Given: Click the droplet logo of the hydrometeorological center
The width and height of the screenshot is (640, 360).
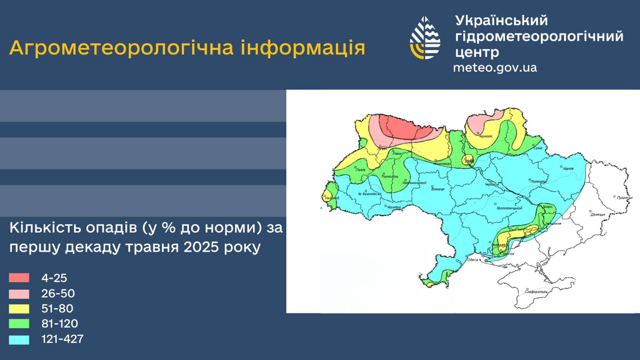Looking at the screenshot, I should point(425,38).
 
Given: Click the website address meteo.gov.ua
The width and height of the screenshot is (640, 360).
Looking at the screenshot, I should point(495,68).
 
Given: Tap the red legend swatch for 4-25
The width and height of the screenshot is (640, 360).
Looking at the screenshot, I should point(19,278).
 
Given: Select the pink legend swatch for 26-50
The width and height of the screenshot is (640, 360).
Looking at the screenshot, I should point(19,294).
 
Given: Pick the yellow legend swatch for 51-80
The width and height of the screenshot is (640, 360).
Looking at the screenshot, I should point(19,309).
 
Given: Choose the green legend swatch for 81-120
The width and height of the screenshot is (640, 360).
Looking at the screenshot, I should point(19,324).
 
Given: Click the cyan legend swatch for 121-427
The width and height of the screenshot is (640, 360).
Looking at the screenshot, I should point(19,340).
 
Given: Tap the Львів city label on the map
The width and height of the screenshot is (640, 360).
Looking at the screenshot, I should point(360,170).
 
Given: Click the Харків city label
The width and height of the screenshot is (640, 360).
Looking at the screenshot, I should point(568,168).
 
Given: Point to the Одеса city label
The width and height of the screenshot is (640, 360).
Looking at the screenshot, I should point(473,259).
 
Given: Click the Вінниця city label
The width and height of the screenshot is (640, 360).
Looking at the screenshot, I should point(437,189).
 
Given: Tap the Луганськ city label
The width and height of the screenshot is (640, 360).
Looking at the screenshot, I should point(624,198).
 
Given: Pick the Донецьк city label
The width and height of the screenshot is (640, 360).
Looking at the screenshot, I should point(598,215).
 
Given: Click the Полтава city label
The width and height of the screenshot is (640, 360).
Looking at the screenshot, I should point(538,182).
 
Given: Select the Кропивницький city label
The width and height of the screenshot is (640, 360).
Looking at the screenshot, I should point(510,208).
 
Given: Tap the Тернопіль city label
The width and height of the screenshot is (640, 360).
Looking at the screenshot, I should point(390,177).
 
